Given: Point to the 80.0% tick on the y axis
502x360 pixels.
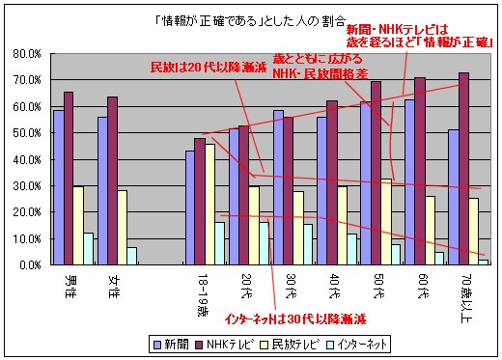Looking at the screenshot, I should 24,54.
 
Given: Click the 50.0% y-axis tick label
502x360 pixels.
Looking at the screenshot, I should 24,133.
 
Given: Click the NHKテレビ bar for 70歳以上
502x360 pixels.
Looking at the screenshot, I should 464,169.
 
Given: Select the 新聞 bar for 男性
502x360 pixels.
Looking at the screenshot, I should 59,187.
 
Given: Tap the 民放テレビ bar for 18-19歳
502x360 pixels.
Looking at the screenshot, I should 210,204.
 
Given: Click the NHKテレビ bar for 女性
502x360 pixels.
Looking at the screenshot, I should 112,180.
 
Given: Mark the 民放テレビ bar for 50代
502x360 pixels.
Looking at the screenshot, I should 386,221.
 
